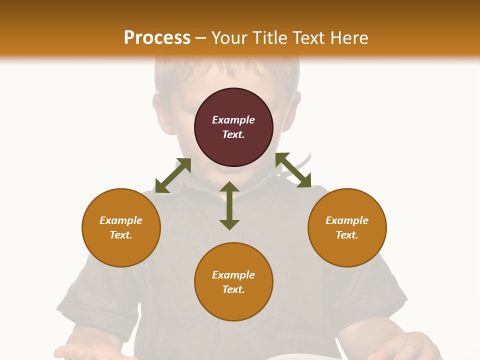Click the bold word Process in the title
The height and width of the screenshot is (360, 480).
tap(157, 38)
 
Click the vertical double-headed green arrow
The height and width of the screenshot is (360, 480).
tap(229, 205)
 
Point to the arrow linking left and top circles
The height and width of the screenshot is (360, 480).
tap(173, 175)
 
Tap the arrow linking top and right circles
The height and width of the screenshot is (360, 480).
tap(293, 170)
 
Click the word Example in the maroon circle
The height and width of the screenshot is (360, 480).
tap(233, 120)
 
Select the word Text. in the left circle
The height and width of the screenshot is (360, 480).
tap(121, 235)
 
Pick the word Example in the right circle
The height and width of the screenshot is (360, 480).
tap(347, 220)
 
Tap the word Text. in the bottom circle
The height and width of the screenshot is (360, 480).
tap(233, 289)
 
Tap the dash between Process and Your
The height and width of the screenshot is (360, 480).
tap(201, 38)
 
